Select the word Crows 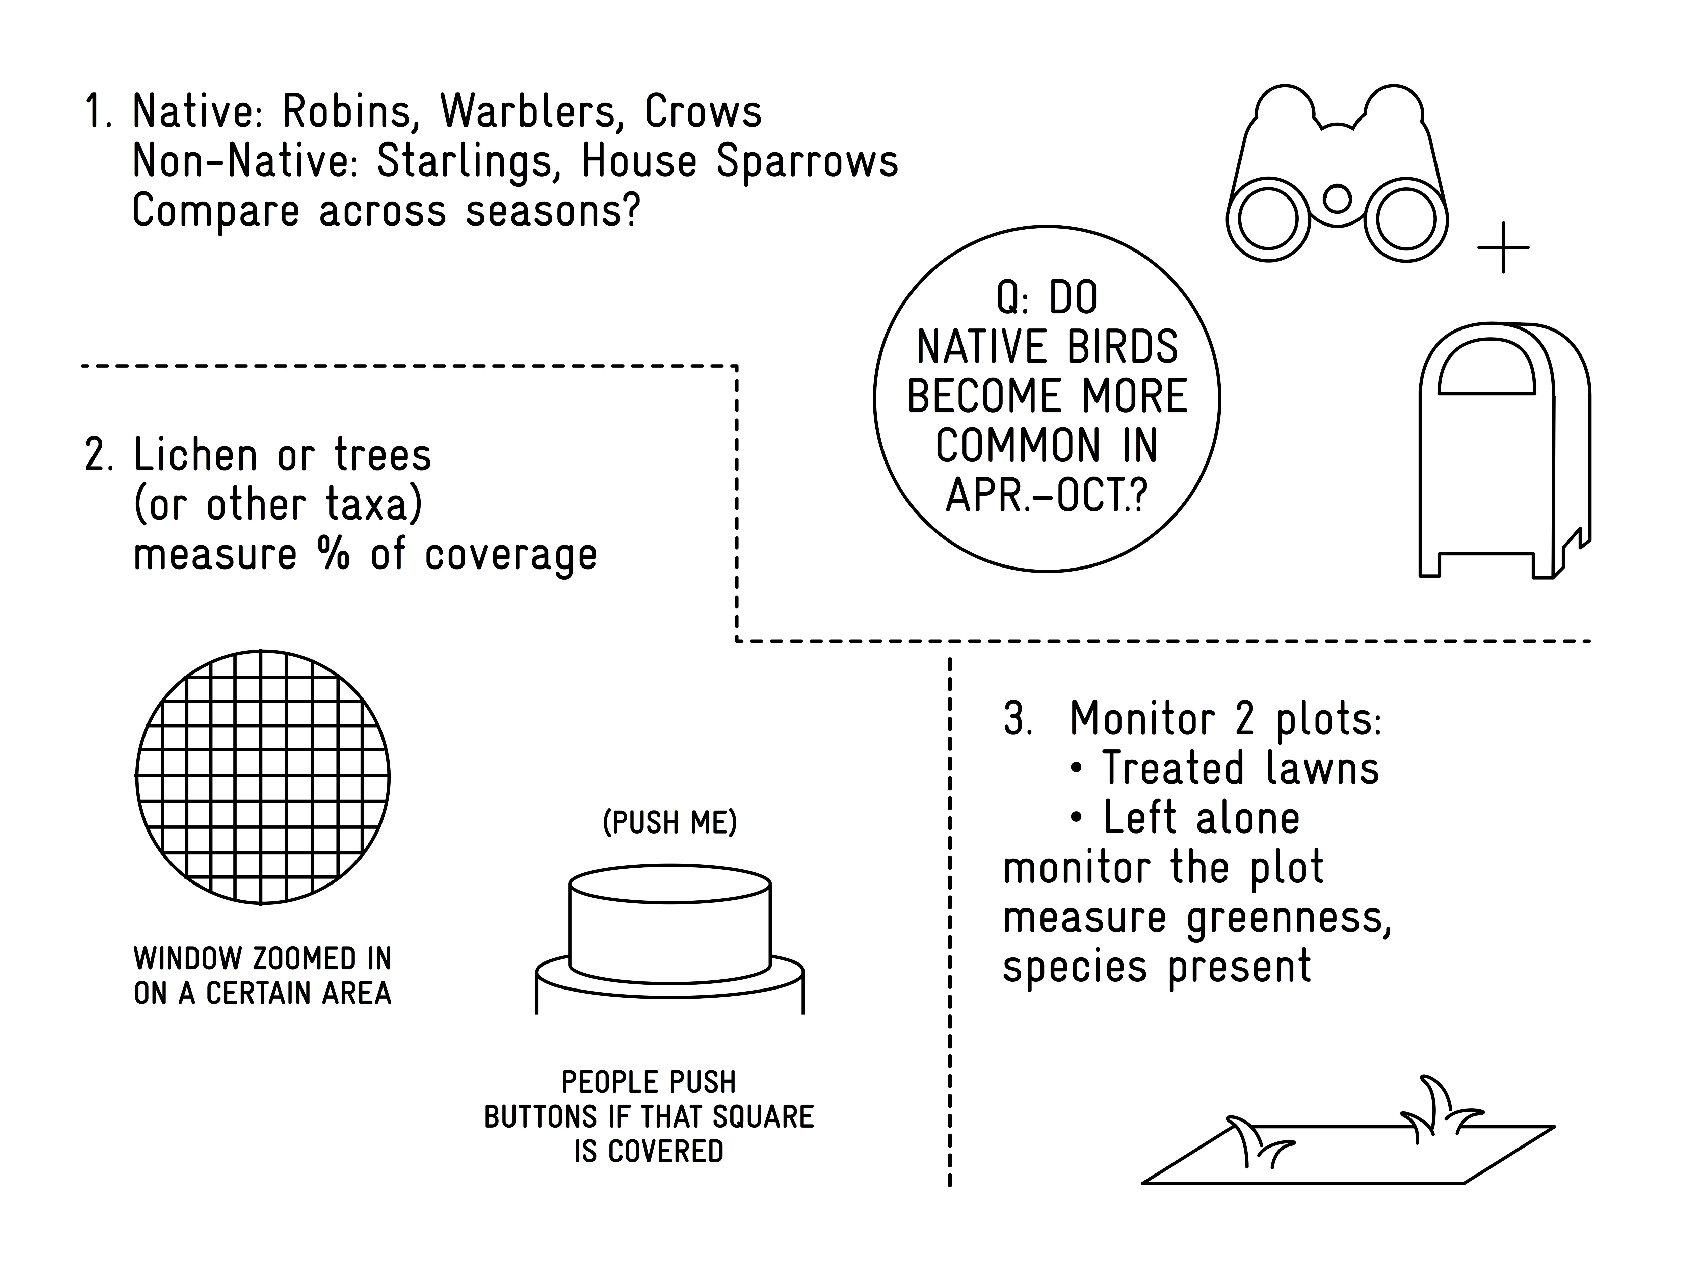pyautogui.click(x=703, y=112)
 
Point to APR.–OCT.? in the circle pyautogui.click(x=1046, y=496)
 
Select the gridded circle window pyautogui.click(x=263, y=777)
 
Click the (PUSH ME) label pyautogui.click(x=669, y=823)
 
